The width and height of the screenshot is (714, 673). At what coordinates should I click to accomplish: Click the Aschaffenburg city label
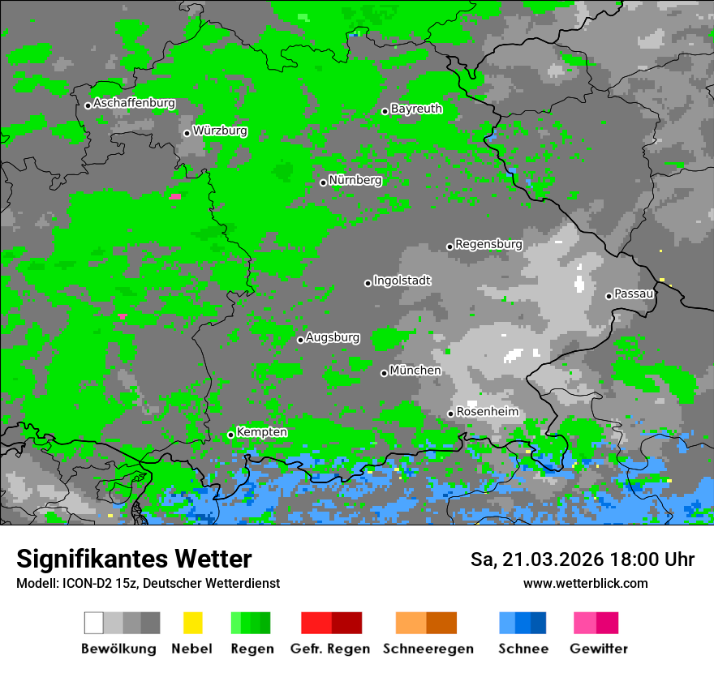point(134,104)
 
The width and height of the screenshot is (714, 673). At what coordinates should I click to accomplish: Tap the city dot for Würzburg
point(187,133)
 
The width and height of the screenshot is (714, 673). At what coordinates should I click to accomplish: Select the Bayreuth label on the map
point(416,109)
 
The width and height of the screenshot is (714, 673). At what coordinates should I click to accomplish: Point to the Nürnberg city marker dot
point(323,182)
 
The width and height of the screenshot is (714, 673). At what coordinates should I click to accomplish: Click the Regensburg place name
point(488,244)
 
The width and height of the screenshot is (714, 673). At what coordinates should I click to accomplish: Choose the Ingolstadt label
point(402,281)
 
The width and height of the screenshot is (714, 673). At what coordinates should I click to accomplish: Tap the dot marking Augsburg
point(300,340)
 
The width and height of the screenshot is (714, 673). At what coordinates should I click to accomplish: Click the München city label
point(415,371)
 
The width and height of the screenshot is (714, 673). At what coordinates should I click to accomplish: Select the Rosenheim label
point(487,412)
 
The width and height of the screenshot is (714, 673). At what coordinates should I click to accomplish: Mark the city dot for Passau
point(609,296)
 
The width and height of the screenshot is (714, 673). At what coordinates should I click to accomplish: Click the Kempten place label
point(261,432)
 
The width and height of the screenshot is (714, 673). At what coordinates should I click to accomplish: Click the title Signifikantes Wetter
point(134,559)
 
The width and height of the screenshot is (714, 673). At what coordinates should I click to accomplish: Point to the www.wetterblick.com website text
point(585,584)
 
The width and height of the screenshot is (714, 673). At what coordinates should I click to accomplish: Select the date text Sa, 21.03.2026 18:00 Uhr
point(582,560)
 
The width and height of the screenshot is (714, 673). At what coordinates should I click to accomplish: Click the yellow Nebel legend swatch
point(192,623)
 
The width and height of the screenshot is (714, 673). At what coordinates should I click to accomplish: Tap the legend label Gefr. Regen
point(330,649)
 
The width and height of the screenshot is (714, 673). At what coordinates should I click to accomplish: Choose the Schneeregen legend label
point(428,649)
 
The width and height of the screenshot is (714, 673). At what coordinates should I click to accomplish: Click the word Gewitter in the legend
point(598,649)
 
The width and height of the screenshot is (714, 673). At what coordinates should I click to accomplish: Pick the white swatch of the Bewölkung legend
point(94,623)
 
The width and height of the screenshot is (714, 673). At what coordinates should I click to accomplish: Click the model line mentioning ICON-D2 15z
point(148,584)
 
